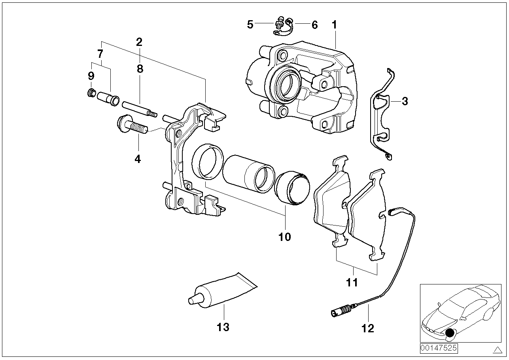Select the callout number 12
click(367, 328)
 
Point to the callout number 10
click(284, 237)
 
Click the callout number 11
click(352, 282)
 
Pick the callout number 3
click(405, 101)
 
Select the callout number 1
click(334, 25)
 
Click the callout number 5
click(250, 25)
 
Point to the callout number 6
click(314, 25)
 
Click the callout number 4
click(138, 159)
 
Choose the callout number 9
click(91, 75)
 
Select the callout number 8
click(140, 69)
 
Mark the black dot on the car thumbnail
click(449, 333)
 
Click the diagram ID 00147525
click(439, 348)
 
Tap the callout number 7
click(100, 53)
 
